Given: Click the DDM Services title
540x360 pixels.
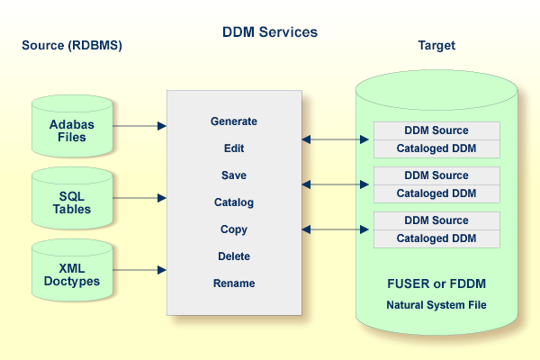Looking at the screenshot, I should click(x=270, y=32).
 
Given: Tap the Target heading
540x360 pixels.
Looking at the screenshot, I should click(x=436, y=45).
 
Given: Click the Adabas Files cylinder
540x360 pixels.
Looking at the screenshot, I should click(x=67, y=126).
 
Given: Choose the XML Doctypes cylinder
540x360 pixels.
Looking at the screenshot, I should click(x=67, y=270).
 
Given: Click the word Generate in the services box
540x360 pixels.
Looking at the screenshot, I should click(x=234, y=121).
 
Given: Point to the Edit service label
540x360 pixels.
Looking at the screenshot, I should click(x=234, y=148).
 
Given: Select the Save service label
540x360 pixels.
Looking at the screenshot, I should click(x=234, y=175).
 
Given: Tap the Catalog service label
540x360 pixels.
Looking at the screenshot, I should click(x=234, y=202).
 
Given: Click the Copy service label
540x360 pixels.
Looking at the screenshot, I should click(x=234, y=229).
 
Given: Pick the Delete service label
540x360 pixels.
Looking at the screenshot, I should click(x=234, y=256).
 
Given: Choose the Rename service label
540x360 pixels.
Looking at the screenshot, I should click(x=234, y=283).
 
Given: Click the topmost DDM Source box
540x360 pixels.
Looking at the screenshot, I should click(x=436, y=130).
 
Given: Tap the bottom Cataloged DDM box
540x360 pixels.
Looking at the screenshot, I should click(x=436, y=238).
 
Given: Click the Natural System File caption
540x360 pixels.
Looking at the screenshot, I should click(x=436, y=305).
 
